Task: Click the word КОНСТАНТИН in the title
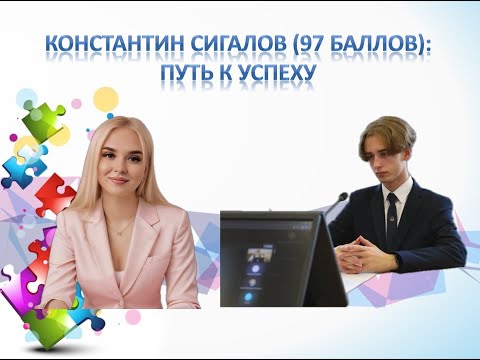[109, 46]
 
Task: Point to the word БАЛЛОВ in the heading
[374, 46]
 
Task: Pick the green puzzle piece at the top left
[41, 119]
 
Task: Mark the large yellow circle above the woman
[106, 98]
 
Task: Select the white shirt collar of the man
[384, 191]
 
